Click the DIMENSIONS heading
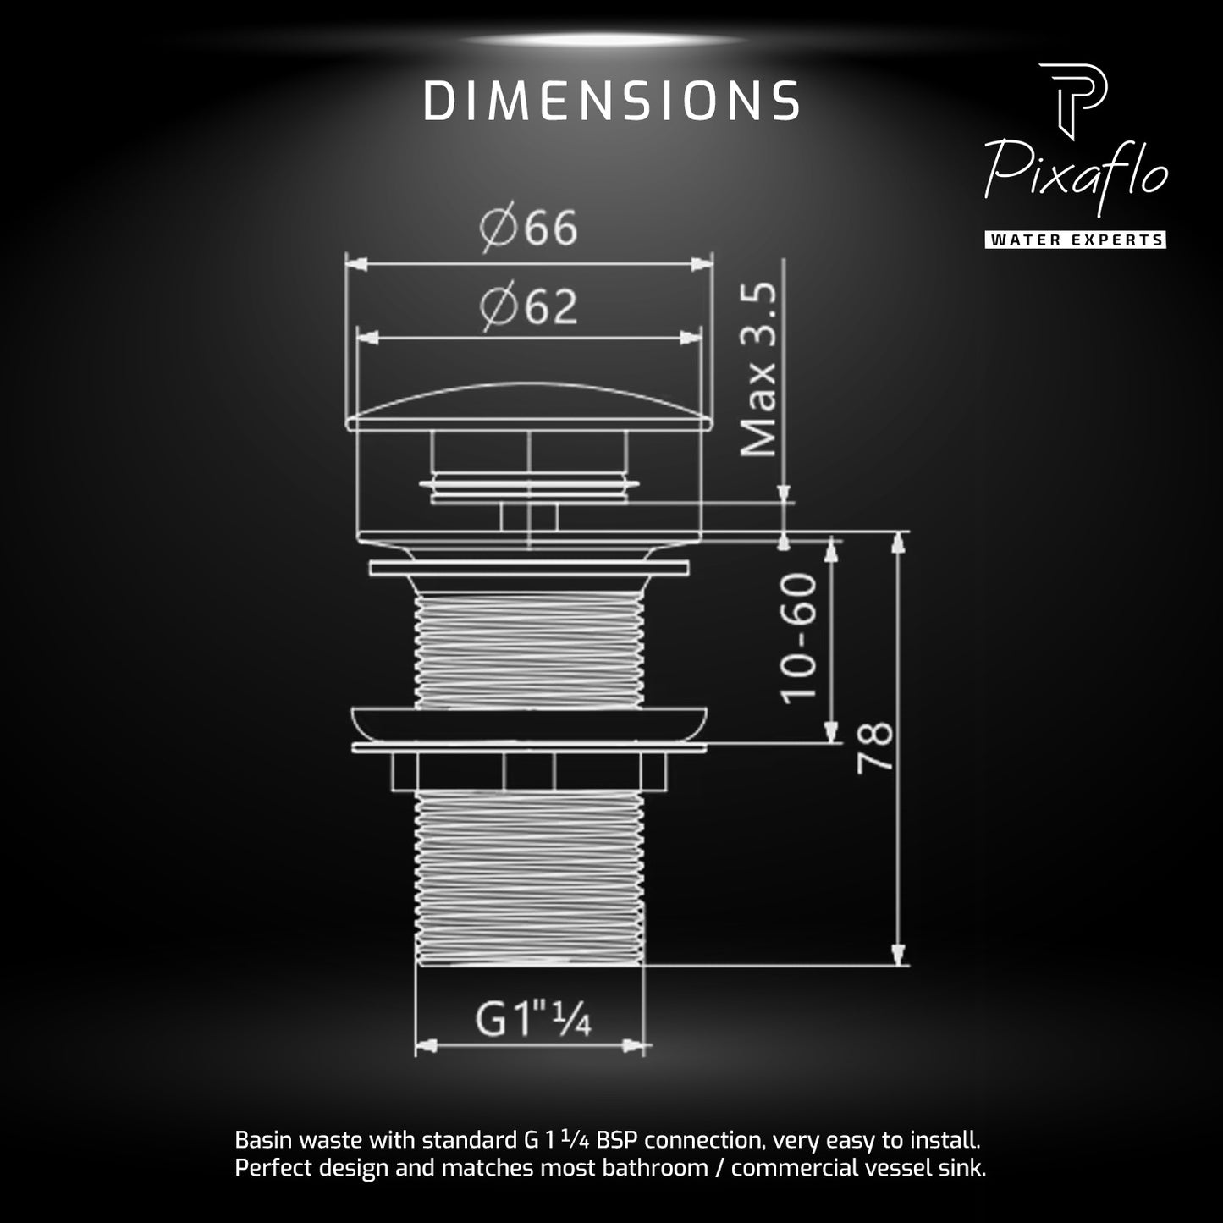(x=611, y=100)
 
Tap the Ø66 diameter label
(x=528, y=228)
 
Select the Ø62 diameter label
(x=528, y=307)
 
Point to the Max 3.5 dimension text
(x=759, y=369)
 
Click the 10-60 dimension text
(x=799, y=638)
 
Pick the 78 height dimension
(x=874, y=747)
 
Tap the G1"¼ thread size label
(x=533, y=1020)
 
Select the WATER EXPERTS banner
(x=1075, y=240)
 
